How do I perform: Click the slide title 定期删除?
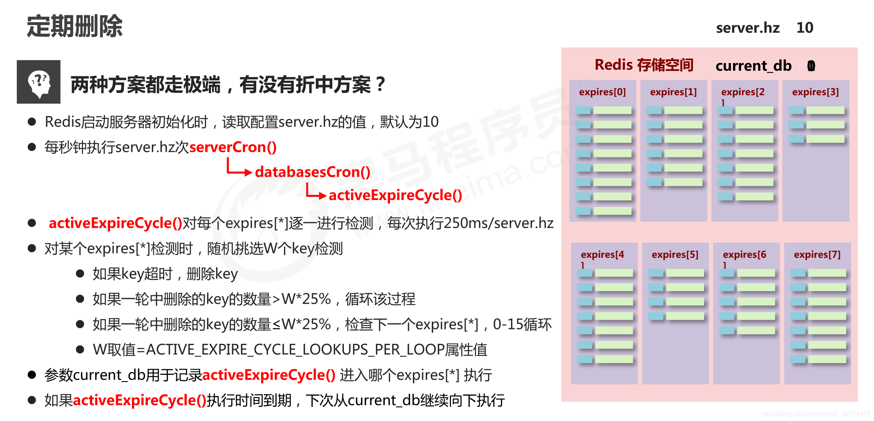click(x=75, y=27)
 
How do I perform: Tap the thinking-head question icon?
click(x=39, y=82)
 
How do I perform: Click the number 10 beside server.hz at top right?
click(x=805, y=28)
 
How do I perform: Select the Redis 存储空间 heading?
click(x=644, y=65)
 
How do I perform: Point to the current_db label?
click(x=753, y=66)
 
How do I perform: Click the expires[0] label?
click(x=602, y=92)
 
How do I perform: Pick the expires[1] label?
click(x=673, y=92)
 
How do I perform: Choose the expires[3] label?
click(x=815, y=92)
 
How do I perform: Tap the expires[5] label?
click(x=675, y=255)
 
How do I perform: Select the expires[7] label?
click(x=817, y=255)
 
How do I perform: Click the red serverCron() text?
click(x=233, y=147)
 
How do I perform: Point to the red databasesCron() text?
click(x=312, y=172)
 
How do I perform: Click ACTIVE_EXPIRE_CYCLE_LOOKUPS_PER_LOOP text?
click(x=295, y=350)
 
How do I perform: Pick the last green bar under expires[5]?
click(x=685, y=316)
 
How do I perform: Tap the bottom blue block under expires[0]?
click(x=583, y=211)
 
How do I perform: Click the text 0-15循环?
click(x=522, y=325)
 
